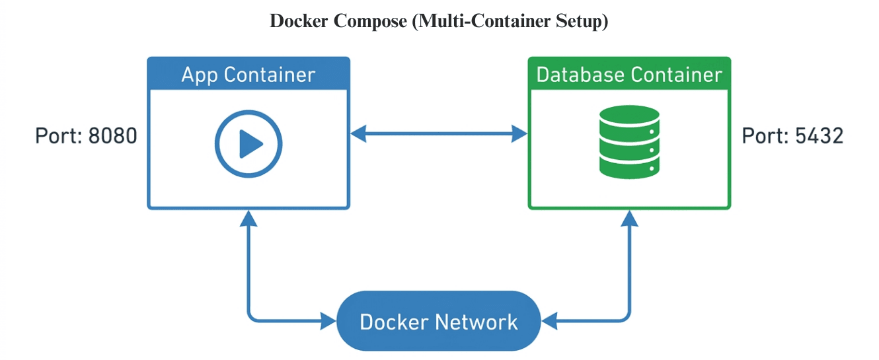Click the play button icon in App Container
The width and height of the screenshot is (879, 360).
(x=248, y=143)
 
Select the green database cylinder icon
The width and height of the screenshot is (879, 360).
(x=629, y=142)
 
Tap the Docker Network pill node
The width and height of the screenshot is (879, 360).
(x=438, y=322)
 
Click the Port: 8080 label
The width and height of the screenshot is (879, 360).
(x=86, y=136)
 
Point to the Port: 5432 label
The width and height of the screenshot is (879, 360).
(x=792, y=136)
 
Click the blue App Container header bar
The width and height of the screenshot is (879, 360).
(x=248, y=74)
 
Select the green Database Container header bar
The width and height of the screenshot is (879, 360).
(x=629, y=74)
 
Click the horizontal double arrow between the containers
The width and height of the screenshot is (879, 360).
(x=439, y=135)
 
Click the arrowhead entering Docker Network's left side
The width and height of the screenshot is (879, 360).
(x=328, y=322)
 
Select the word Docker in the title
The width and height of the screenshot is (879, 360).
(x=299, y=21)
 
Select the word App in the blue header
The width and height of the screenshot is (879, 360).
(x=200, y=74)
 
